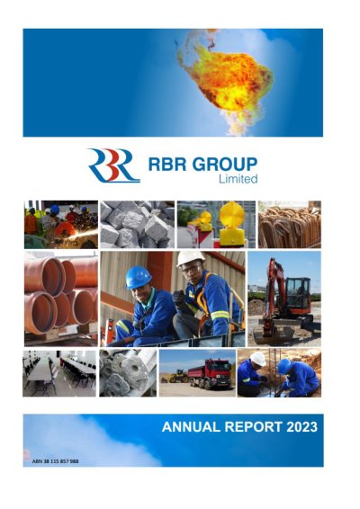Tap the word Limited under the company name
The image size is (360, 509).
[238, 179]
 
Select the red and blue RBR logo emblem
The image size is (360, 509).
[113, 165]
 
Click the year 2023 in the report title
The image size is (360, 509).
[301, 426]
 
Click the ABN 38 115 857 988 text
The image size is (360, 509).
[55, 461]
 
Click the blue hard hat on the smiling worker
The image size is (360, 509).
[138, 277]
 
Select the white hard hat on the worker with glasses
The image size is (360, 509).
[191, 258]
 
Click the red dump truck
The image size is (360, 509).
[210, 373]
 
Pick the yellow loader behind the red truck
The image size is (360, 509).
[177, 376]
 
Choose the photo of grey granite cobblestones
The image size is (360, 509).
[137, 224]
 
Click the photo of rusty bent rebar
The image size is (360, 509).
[290, 224]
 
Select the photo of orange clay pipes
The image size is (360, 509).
[61, 299]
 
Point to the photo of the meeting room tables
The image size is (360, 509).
[59, 373]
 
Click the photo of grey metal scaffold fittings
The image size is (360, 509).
[128, 373]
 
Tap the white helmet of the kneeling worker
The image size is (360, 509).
[258, 359]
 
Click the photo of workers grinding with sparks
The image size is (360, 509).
[61, 224]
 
